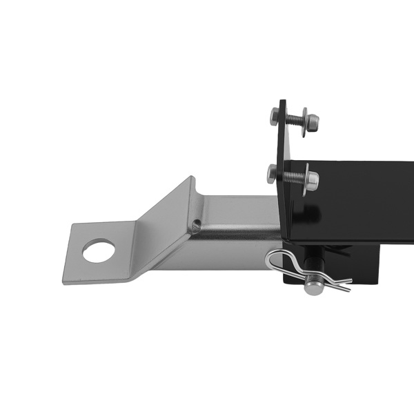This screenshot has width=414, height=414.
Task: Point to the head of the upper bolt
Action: pos(274,114)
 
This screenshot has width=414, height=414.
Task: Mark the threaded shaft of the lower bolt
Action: pos(292,177)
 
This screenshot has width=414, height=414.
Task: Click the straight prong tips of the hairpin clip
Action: pos(342,281)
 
